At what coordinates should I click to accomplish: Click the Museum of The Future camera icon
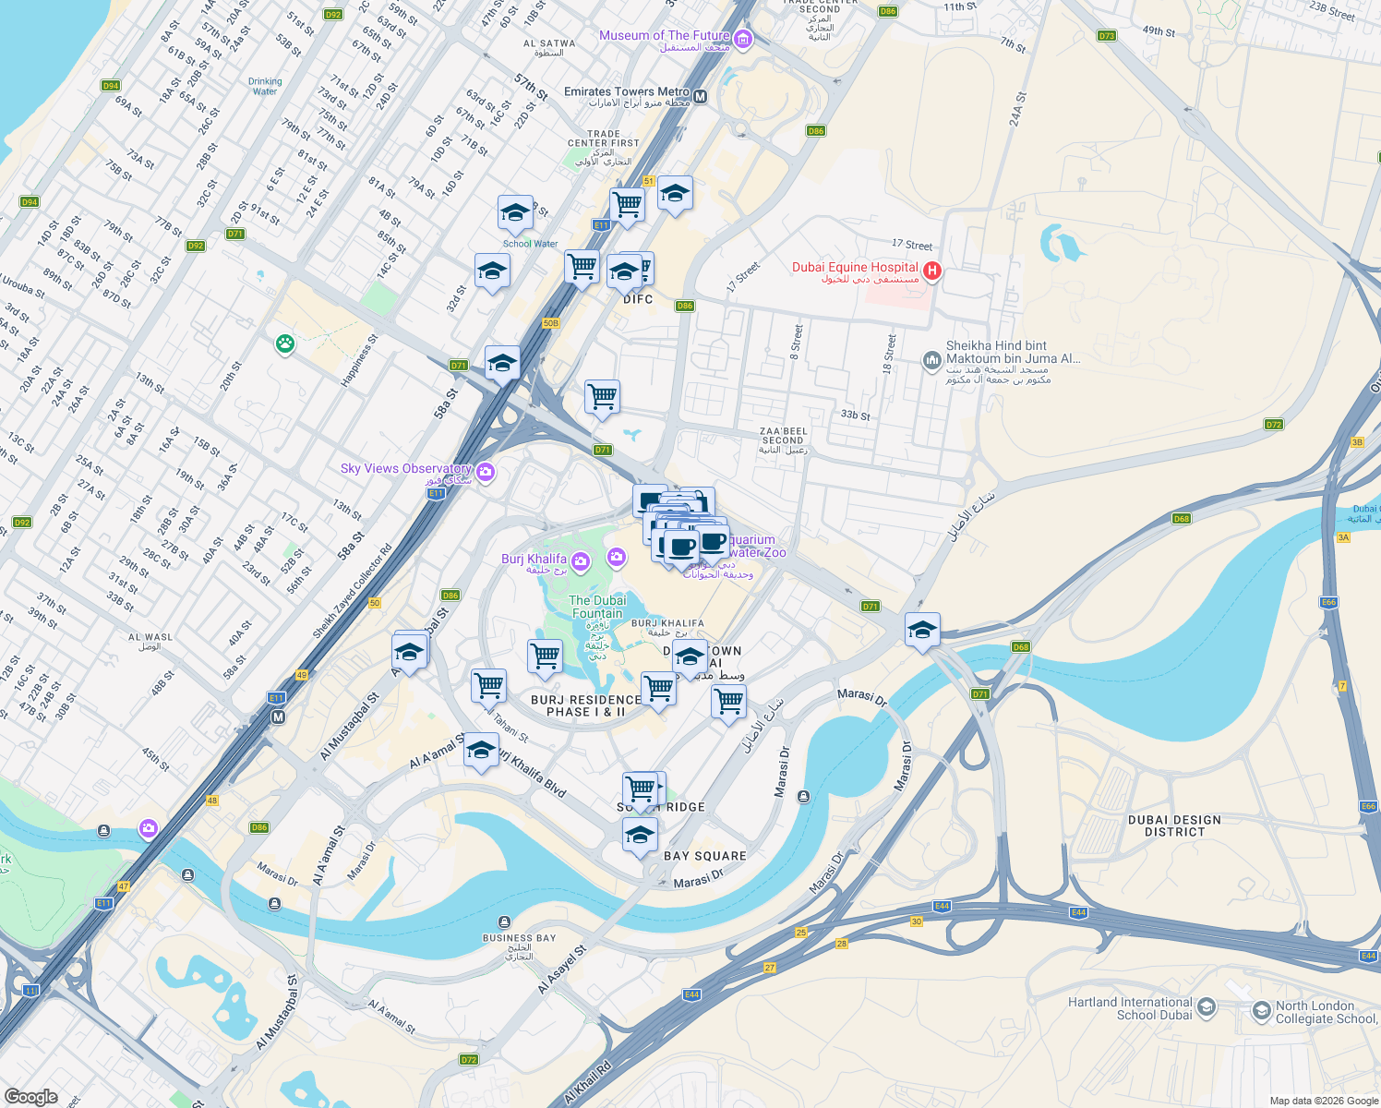coord(744,39)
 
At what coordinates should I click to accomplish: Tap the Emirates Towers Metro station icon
coord(700,96)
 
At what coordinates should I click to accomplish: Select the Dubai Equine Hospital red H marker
coord(932,271)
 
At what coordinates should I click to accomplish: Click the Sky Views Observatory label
coord(405,469)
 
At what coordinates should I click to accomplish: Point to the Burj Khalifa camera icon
coord(581,561)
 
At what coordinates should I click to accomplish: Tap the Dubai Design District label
coord(1174,825)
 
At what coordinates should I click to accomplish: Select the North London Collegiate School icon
coord(1261,1012)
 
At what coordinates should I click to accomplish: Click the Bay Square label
coord(705,856)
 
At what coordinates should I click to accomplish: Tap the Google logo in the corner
coord(30,1096)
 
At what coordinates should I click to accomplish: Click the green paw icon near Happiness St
coord(285,344)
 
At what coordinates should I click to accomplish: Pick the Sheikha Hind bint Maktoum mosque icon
coord(931,359)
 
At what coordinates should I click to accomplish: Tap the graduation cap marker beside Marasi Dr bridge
coord(922,631)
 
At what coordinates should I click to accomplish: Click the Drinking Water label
coord(265,86)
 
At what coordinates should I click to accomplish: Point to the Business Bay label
coord(519,938)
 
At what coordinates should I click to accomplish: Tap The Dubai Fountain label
coord(597,607)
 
